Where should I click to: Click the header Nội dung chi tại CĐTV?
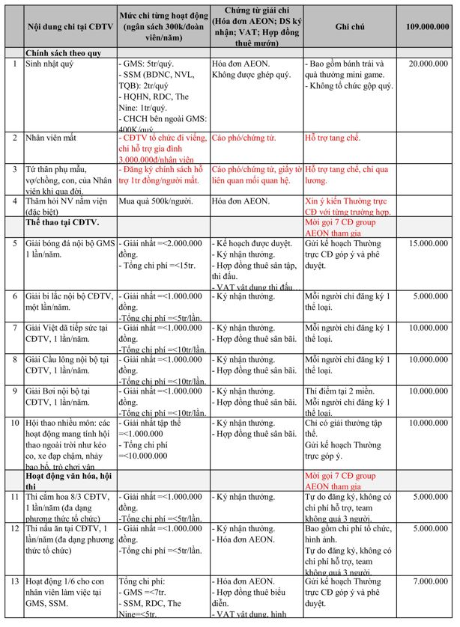tap(70, 26)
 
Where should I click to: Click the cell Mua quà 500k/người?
tap(156, 201)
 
